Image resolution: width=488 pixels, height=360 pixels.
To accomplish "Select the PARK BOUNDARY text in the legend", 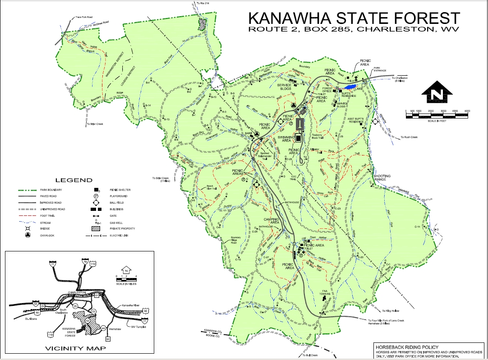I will click(50, 190).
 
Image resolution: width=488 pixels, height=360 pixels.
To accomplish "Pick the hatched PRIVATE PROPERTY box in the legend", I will click(96, 228).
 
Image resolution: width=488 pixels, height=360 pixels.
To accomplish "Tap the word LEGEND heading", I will click(74, 180).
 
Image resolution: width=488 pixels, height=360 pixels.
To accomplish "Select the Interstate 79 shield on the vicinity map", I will click(85, 261).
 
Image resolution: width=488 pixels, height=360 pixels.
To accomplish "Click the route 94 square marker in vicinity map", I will click(108, 338).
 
